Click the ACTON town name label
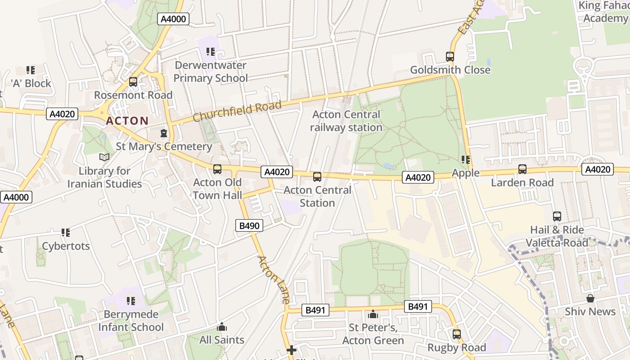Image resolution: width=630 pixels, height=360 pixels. coord(127,121)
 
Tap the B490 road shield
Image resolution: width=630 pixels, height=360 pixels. coord(249,225)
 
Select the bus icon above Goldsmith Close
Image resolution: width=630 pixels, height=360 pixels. coord(450,57)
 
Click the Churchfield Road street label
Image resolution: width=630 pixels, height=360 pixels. coord(237,111)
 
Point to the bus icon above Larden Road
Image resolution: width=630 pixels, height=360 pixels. coord(522,169)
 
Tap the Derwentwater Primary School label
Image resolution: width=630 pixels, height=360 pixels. coord(211,72)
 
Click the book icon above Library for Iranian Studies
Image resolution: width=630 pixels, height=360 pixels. coord(104,157)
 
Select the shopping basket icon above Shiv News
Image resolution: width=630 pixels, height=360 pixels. coord(590,298)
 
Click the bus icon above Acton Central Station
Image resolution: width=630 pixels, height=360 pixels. coord(317,177)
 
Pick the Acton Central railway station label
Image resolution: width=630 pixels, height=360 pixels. coord(346,121)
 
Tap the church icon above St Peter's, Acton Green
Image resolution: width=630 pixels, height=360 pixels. coord(373,314)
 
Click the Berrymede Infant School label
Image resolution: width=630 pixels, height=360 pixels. coord(131,320)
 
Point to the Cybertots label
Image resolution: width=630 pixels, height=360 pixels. coord(66,246)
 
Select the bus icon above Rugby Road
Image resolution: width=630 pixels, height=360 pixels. coord(457,334)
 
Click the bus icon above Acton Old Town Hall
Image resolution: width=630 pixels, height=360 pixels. coord(217,169)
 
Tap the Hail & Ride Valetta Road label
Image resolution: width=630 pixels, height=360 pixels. coord(557,236)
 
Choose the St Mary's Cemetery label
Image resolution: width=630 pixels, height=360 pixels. coord(164,146)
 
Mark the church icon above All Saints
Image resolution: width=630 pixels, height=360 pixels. coord(221,327)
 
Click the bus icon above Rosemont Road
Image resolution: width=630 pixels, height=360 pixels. coord(133,82)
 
